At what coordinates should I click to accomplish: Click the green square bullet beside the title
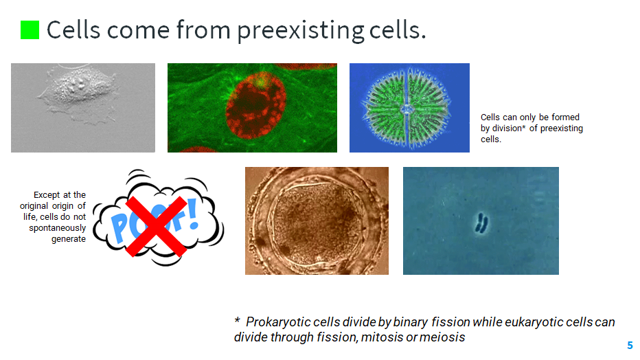(30, 30)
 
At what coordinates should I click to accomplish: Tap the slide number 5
(630, 346)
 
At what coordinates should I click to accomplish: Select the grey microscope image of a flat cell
(82, 107)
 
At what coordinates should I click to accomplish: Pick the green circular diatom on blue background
(409, 108)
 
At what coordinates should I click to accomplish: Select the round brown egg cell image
(317, 221)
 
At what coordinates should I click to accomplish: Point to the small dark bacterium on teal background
(481, 222)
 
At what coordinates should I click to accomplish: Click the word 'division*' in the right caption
(509, 128)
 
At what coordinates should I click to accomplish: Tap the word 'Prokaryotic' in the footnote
(279, 322)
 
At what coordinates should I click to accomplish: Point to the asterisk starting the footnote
(237, 321)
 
